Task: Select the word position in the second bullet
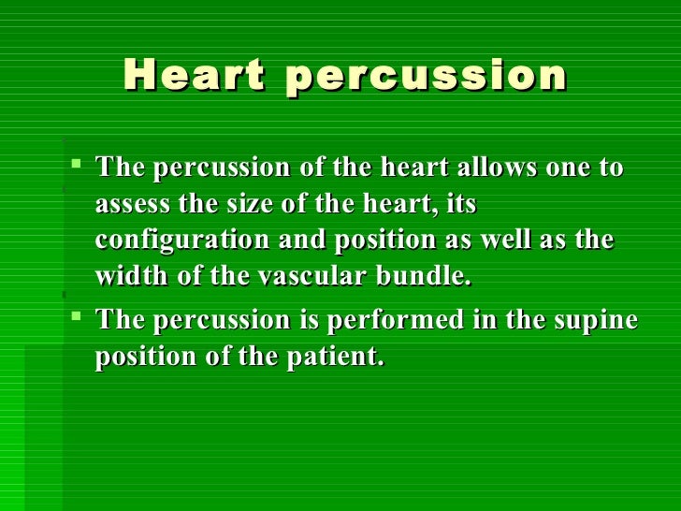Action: (x=141, y=358)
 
